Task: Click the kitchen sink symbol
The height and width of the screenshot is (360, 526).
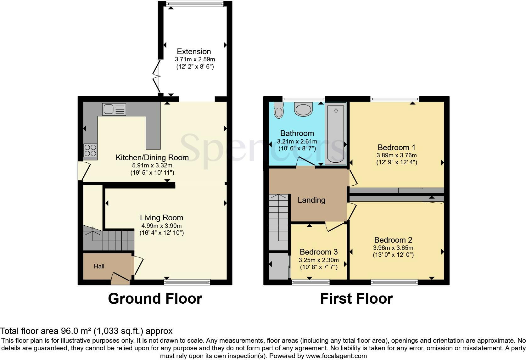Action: [114, 109]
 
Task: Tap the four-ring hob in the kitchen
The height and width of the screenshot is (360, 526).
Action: [90, 150]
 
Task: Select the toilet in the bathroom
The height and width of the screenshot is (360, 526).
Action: [279, 110]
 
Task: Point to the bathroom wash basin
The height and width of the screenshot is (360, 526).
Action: [304, 108]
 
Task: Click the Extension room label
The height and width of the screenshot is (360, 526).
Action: [194, 51]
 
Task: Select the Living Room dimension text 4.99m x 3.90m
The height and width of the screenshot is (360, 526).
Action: [161, 226]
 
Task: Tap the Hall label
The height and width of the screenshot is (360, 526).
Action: [99, 266]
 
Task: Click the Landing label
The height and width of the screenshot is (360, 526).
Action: [311, 200]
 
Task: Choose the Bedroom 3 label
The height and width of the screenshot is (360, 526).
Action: [318, 252]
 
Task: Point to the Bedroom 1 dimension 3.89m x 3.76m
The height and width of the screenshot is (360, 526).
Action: [396, 155]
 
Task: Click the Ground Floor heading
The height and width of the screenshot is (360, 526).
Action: [155, 298]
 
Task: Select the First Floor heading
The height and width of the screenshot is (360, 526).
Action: [356, 298]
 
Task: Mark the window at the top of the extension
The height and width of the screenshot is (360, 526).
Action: [195, 3]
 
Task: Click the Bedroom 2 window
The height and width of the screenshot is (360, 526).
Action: [394, 282]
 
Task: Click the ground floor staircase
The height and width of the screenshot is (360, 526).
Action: [109, 240]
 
